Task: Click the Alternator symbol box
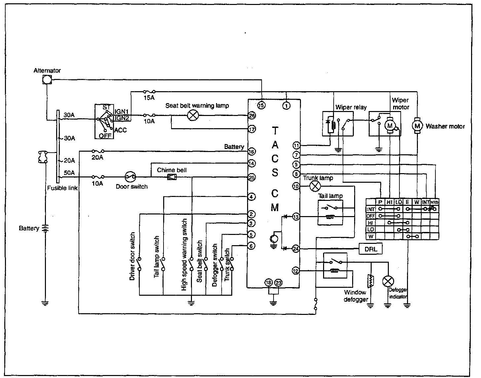click(x=47, y=79)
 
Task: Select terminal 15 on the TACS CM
click(x=261, y=105)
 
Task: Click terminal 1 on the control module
click(x=286, y=105)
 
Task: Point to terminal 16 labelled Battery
click(x=252, y=152)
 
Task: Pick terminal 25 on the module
click(x=252, y=177)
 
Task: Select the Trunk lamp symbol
click(x=315, y=186)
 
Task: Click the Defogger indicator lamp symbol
click(x=388, y=281)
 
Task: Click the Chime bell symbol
click(x=172, y=177)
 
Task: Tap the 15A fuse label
click(x=149, y=98)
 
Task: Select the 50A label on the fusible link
click(x=69, y=173)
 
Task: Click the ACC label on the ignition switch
click(x=121, y=130)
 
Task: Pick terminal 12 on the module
click(x=296, y=271)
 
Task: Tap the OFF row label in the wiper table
click(x=371, y=216)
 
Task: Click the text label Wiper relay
click(x=351, y=107)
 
